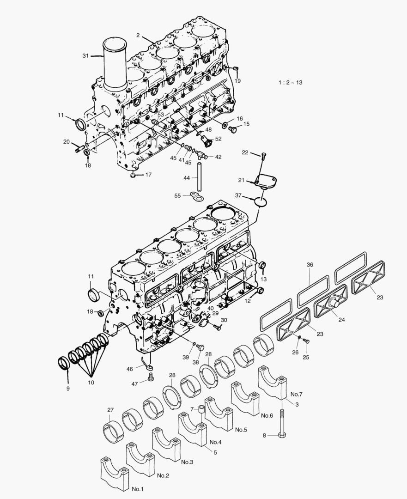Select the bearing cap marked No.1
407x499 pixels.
pos(114,474)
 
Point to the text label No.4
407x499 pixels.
pos(215,442)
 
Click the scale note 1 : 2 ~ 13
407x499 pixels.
pos(290,82)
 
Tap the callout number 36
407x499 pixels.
pos(310,265)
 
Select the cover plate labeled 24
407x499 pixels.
pos(330,302)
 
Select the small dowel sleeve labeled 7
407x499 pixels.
pos(201,410)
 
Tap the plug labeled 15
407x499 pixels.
pos(233,130)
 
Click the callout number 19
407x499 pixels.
pos(237,81)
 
